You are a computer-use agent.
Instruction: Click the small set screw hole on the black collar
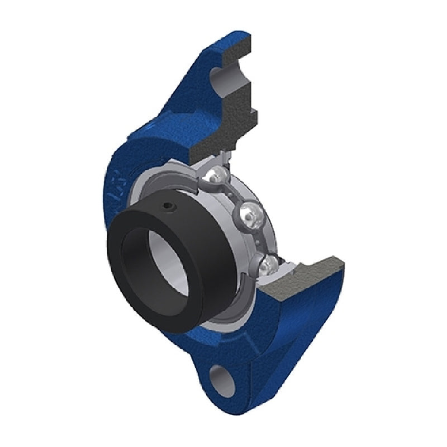point(169,208)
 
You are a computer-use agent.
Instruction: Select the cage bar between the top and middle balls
point(235,193)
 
